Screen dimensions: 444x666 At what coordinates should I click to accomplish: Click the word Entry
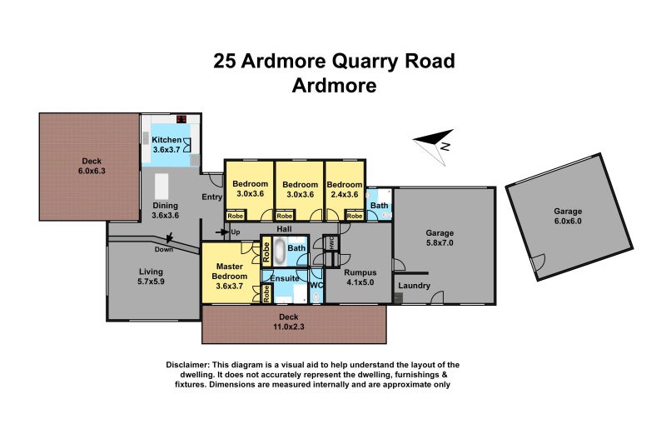[x=212, y=197]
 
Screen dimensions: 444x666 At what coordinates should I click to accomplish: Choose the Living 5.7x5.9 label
[x=151, y=277]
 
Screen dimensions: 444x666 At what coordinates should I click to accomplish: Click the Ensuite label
[x=285, y=277]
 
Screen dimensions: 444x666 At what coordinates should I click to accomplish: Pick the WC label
[x=316, y=286]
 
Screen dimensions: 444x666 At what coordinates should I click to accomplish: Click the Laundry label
[x=414, y=287]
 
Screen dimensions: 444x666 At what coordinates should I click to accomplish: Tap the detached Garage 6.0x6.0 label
[x=569, y=217]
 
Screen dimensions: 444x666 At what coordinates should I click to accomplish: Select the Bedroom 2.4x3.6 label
[x=344, y=189]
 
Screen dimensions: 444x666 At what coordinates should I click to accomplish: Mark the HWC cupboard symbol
[x=330, y=244]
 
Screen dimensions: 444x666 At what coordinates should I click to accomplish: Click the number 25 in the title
[x=224, y=61]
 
